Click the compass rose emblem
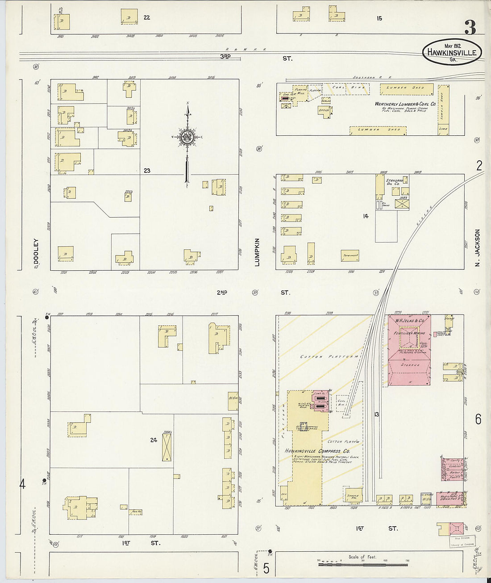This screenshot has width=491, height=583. coord(187,137)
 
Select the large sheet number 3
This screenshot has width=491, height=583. coord(470,28)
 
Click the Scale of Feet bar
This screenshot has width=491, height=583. coord(363,564)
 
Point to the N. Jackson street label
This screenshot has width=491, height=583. coord(477,248)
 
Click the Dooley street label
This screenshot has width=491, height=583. coord(36,253)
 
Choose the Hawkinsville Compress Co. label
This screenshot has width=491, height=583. coord(317,451)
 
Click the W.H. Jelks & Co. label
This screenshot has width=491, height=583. coord(409,321)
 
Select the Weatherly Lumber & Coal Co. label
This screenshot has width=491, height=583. coord(405,104)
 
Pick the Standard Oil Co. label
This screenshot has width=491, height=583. coord(394,182)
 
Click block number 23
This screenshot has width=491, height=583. coord(147,170)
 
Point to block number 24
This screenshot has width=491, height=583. coord(154,440)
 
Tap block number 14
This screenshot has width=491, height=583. coord(366,216)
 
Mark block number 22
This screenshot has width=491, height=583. coord(147,18)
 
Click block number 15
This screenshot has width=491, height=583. coord(379,18)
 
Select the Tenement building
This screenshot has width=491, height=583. coord(350,256)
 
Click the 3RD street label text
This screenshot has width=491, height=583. coord(225,56)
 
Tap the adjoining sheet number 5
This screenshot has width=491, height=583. coord(266,569)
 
